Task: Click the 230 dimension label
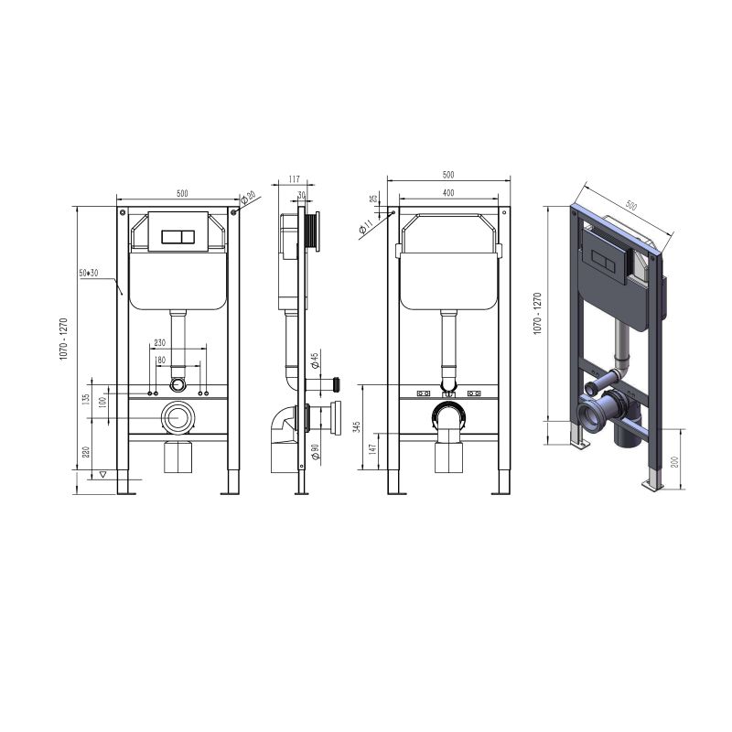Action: (x=159, y=342)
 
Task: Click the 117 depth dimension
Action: (x=294, y=179)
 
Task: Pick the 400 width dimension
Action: (x=447, y=193)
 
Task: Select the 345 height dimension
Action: (x=358, y=427)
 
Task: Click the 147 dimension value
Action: (x=372, y=449)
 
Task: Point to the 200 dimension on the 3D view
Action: (x=673, y=462)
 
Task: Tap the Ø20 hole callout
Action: (x=248, y=198)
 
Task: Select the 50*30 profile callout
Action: (x=89, y=273)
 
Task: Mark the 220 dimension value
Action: (x=86, y=452)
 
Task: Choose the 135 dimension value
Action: (x=85, y=400)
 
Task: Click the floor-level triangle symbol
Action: (x=104, y=475)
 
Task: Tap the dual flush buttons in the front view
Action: (x=178, y=237)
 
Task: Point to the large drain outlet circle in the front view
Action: (x=178, y=417)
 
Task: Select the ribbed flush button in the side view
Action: (x=313, y=233)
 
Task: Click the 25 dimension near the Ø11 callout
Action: (x=373, y=199)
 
